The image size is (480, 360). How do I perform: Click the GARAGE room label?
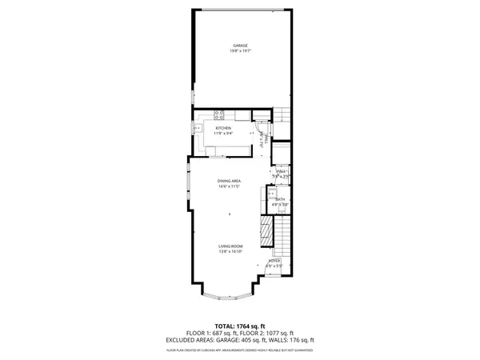[x=240, y=46]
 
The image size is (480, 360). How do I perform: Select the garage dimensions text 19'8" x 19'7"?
[x=240, y=52]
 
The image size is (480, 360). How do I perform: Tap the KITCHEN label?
[x=223, y=128]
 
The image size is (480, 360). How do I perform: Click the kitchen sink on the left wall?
[x=195, y=128]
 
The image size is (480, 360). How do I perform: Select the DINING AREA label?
[x=230, y=181]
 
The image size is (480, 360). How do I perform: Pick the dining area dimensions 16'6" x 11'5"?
[x=230, y=187]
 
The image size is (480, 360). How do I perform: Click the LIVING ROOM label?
[x=230, y=246]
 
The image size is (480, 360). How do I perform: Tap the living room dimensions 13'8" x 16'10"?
[x=230, y=252]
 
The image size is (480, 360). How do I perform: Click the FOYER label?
[x=274, y=261]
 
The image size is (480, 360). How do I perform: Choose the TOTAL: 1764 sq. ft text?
[x=240, y=326]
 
